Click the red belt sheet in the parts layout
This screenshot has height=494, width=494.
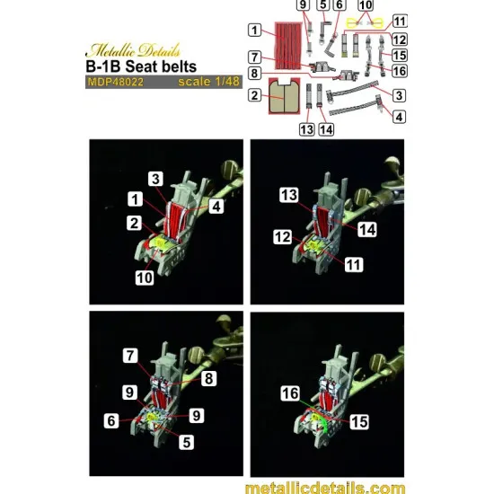[x=287, y=46]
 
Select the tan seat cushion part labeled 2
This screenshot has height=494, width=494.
[x=284, y=96]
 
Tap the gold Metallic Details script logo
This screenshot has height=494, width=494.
[x=133, y=50]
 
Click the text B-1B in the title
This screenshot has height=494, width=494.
[x=103, y=66]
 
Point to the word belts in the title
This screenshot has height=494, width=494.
[x=179, y=66]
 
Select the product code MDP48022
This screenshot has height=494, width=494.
[x=115, y=82]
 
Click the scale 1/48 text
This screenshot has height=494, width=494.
[x=209, y=82]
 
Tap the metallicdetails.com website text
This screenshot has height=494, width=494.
[x=325, y=488]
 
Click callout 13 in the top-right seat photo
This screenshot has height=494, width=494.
[x=289, y=195]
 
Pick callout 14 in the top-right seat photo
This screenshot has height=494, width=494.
[x=367, y=229]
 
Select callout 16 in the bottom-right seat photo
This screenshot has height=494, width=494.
[x=290, y=393]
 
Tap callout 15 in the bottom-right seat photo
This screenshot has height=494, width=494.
[x=359, y=422]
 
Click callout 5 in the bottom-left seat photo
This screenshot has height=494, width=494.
[x=186, y=442]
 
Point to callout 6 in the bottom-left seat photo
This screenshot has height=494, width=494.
[x=111, y=420]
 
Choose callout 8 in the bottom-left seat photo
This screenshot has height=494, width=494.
[x=209, y=378]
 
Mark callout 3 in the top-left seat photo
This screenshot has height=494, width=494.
[x=156, y=179]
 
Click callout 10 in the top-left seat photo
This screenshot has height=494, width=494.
[x=145, y=278]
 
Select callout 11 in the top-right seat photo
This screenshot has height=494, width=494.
[x=354, y=265]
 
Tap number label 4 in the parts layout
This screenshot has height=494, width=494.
[x=399, y=117]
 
